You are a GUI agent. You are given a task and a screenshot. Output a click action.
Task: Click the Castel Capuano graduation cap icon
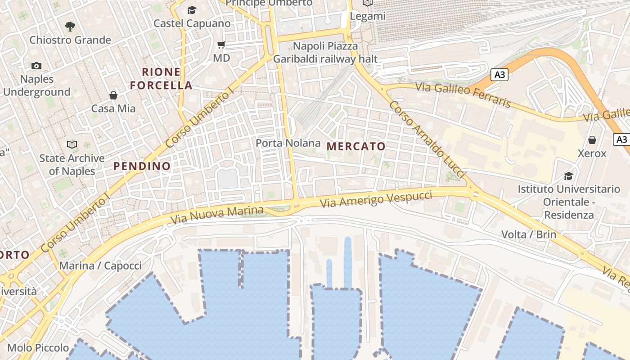click(192, 10)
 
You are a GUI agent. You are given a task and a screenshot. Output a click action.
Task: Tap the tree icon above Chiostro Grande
click(70, 27)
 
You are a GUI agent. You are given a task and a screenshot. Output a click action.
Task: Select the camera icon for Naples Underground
click(36, 66)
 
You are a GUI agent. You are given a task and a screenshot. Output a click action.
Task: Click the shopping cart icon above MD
click(221, 45)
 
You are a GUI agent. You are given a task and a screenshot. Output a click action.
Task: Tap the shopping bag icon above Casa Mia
click(113, 95)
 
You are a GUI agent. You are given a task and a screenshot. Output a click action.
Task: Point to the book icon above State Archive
click(72, 145)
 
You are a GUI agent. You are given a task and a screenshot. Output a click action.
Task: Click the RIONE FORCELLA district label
click(161, 78)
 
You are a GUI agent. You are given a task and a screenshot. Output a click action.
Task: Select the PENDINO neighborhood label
click(142, 166)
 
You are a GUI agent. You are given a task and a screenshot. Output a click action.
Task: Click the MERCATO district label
click(356, 146)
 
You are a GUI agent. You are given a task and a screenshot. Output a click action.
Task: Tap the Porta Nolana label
click(288, 144)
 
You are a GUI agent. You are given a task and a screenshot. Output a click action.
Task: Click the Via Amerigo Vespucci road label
click(376, 199)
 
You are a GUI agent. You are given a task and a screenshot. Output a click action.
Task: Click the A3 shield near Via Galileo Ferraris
click(499, 75)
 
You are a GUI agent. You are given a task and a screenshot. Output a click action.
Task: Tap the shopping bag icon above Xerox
click(592, 140)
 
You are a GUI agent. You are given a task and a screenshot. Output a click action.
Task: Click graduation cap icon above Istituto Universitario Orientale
click(569, 176)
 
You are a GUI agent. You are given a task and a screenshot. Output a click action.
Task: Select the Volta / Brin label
click(529, 234)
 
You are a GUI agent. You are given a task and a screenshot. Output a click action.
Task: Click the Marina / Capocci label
click(100, 265)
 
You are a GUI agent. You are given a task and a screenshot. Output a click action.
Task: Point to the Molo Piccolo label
click(38, 348)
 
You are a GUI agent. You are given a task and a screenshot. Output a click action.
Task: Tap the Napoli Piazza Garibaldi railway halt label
click(325, 53)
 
